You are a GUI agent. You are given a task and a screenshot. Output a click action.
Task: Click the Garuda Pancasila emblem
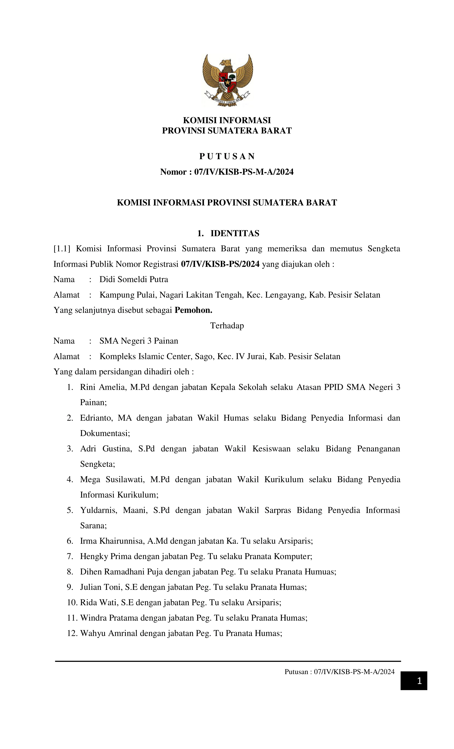[227, 80]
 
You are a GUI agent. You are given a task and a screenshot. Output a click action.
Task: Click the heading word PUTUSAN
[227, 156]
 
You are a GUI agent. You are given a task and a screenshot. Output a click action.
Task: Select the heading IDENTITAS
[234, 233]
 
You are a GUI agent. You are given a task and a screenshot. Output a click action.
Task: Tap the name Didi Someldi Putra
[134, 279]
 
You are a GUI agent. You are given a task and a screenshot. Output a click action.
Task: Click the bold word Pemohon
[193, 310]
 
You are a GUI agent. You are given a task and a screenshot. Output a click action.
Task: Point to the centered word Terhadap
[227, 326]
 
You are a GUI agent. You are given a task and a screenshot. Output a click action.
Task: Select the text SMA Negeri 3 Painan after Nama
[139, 341]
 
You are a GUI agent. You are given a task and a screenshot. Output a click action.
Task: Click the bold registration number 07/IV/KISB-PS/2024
[220, 264]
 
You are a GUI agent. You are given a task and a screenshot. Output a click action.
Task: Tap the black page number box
[414, 681]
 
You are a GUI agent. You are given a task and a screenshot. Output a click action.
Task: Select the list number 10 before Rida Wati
[72, 602]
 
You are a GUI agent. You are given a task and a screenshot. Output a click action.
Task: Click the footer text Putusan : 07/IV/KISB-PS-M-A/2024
[339, 671]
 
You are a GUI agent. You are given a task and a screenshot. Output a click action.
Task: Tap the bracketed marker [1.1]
[62, 249]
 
